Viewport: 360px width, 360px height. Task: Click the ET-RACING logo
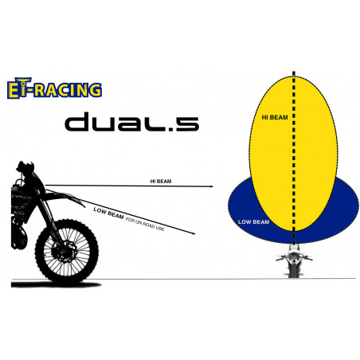(54, 88)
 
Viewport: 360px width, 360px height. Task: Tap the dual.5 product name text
(132, 122)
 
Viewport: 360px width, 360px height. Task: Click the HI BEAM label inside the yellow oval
(275, 117)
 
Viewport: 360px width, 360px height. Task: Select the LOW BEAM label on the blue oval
(253, 222)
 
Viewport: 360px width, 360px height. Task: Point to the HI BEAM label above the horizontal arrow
(161, 182)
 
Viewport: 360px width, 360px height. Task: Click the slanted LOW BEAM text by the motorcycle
(108, 213)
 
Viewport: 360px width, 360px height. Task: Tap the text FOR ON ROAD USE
(145, 224)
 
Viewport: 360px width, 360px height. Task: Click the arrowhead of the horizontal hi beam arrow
(211, 186)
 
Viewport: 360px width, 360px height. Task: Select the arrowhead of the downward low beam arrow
(194, 233)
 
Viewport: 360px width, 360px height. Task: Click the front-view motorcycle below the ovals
(293, 260)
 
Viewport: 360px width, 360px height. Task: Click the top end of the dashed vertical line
(294, 72)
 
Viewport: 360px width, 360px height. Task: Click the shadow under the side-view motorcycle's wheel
(56, 285)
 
